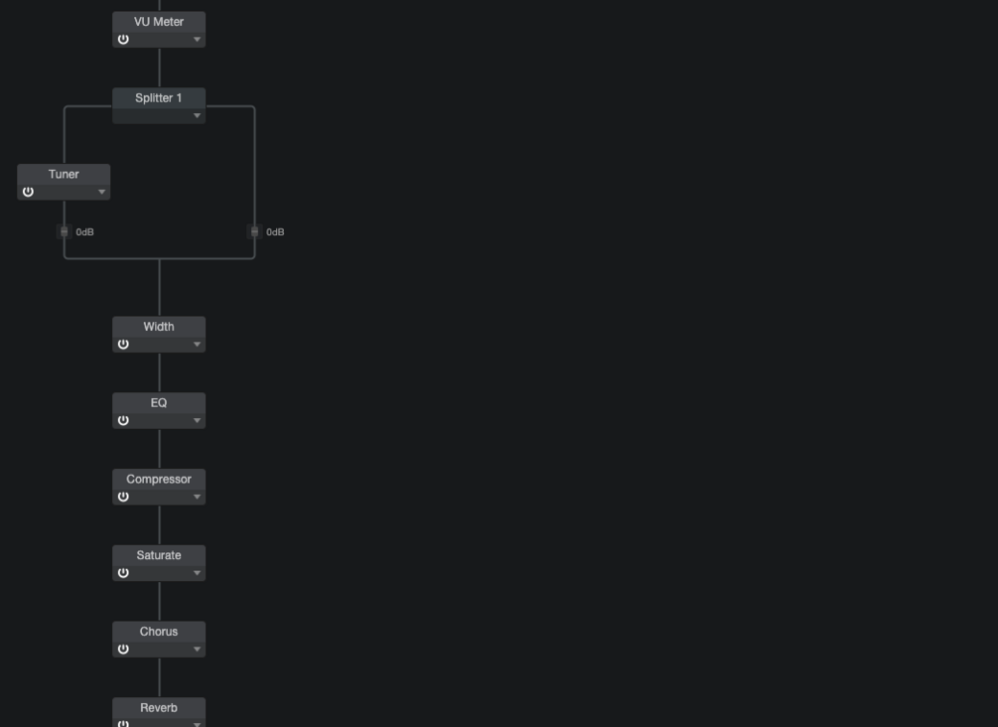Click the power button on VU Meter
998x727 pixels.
123,40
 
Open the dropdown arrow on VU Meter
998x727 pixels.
198,40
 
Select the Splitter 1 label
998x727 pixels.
159,98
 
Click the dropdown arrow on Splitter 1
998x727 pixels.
198,116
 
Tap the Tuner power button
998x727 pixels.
28,192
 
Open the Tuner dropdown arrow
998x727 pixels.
102,192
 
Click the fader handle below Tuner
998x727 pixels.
64,231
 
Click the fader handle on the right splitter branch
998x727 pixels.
254,231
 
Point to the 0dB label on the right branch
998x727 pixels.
275,232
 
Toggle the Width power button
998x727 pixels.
123,345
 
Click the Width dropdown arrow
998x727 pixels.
198,345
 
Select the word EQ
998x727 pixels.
159,403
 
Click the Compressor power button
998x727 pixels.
123,497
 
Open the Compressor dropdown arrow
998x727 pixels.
198,497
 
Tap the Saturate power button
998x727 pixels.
123,573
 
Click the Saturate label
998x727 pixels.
159,555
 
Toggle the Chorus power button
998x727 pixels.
123,650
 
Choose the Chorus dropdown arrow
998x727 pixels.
198,650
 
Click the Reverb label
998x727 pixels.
159,708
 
